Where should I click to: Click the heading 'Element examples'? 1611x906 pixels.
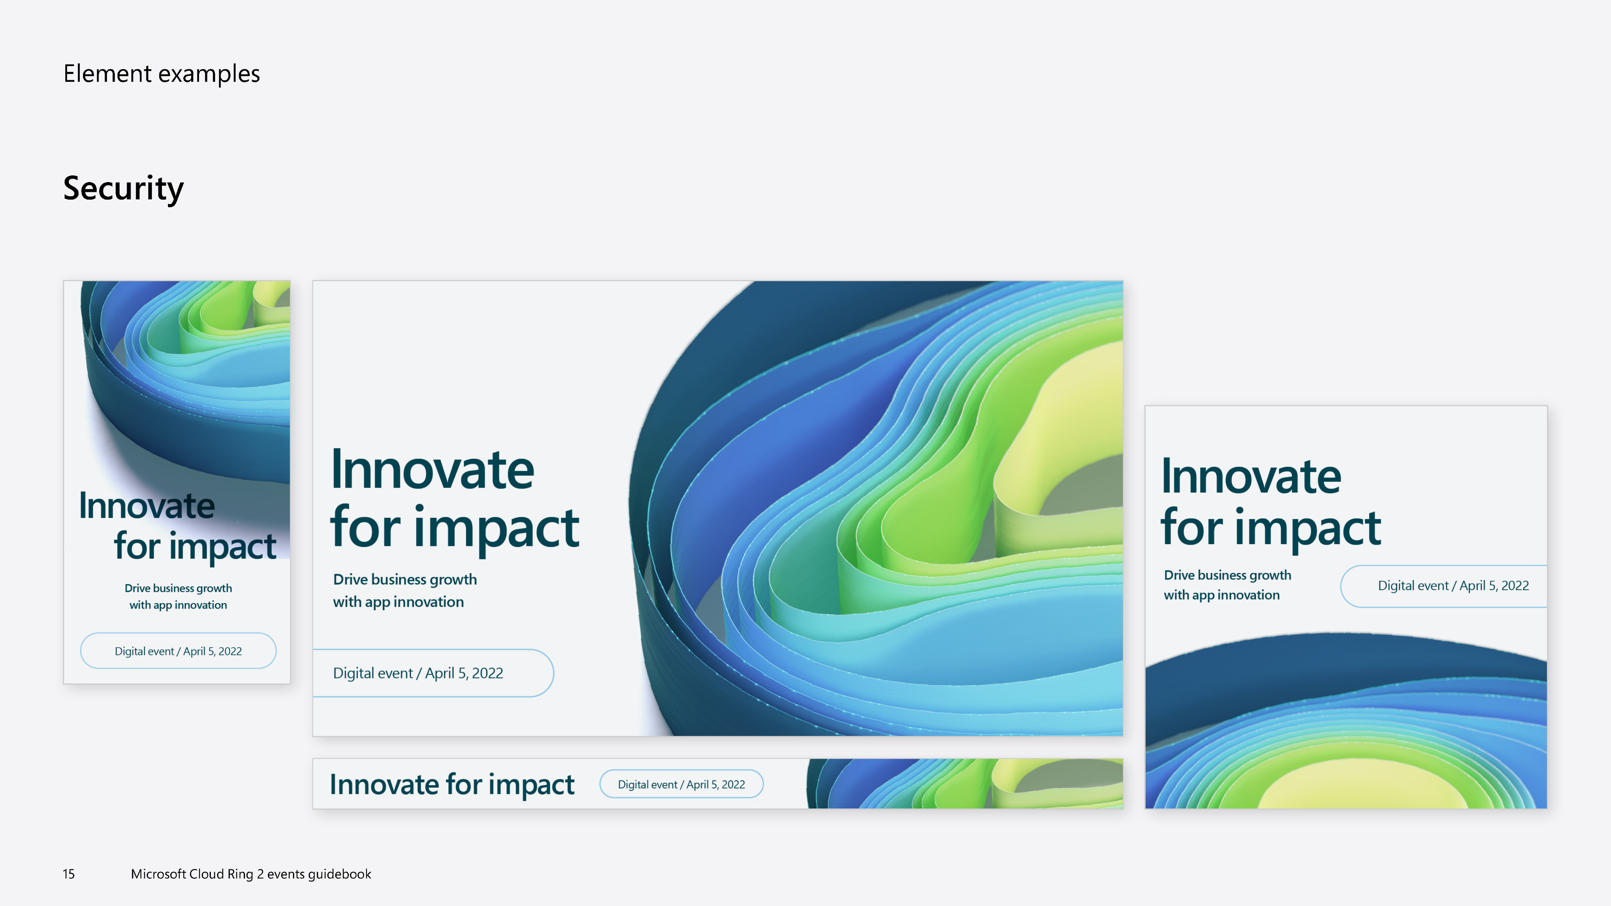(x=161, y=74)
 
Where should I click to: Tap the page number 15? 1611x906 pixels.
(x=69, y=874)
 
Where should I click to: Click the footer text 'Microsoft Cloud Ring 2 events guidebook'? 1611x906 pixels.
(x=251, y=874)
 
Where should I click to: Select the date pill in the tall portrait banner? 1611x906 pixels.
(x=178, y=651)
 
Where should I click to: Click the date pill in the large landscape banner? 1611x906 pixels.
(x=433, y=673)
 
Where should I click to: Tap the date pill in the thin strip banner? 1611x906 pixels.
(x=682, y=784)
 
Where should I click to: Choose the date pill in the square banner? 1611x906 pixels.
(x=1444, y=586)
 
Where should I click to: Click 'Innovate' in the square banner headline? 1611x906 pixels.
(x=1251, y=477)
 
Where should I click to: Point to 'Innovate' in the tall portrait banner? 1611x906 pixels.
(x=147, y=506)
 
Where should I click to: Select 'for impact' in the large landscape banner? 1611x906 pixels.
(x=455, y=528)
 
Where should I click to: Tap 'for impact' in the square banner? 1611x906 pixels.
(x=1271, y=528)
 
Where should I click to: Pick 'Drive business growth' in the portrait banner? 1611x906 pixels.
(x=178, y=588)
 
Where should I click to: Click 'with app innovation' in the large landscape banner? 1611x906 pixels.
(x=398, y=602)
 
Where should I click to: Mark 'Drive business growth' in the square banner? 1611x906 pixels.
(x=1228, y=575)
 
